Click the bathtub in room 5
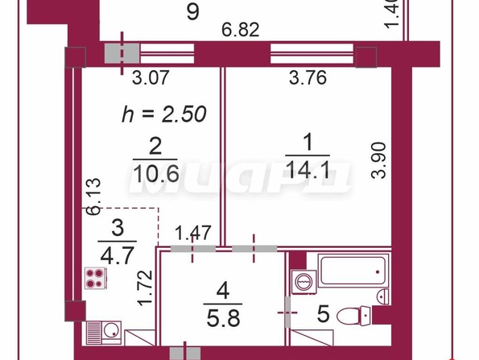(x=353, y=271)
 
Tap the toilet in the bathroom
(x=353, y=316)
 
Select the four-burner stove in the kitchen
(x=95, y=278)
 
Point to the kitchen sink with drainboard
(x=104, y=333)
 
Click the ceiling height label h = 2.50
(x=164, y=114)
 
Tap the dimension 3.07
(x=151, y=77)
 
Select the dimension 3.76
(x=308, y=77)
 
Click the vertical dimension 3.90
(x=379, y=160)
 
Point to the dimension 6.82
(x=241, y=30)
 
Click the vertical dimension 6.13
(x=93, y=197)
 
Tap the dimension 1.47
(x=193, y=233)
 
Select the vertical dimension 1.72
(x=145, y=288)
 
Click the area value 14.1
(x=308, y=171)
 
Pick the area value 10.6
(x=156, y=174)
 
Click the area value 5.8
(x=223, y=318)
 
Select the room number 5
(x=324, y=314)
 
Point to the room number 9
(x=193, y=11)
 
